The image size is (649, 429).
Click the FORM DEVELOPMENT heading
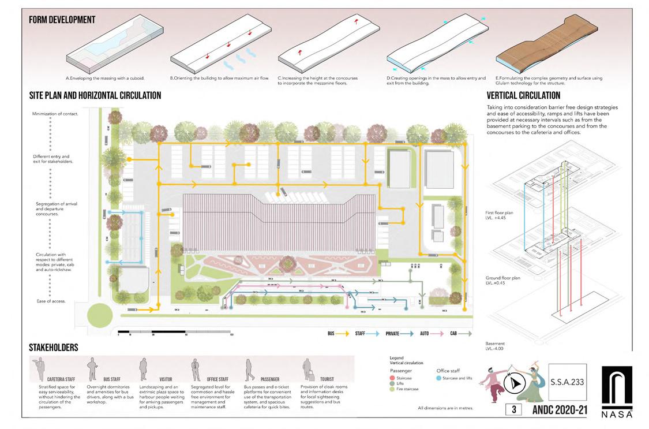coord(62,20)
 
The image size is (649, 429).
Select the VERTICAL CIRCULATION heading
coord(523,95)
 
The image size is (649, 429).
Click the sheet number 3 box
coord(513,409)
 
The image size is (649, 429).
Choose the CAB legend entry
coord(461,334)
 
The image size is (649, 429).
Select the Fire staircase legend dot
coord(393,389)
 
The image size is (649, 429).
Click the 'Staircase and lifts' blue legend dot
coord(439,378)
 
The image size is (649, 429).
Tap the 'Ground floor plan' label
coord(503,278)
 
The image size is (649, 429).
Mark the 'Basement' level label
coord(495,343)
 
